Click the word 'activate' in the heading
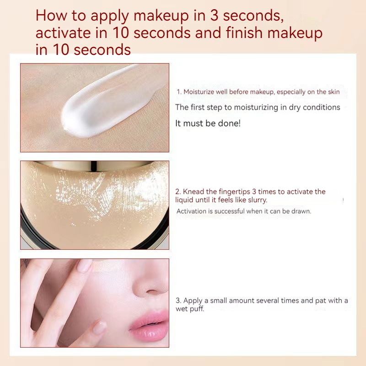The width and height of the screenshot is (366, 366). pyautogui.click(x=64, y=32)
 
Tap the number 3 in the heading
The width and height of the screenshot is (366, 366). pyautogui.click(x=214, y=16)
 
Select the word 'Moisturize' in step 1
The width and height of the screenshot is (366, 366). pyautogui.click(x=199, y=92)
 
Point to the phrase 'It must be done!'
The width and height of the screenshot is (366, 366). pyautogui.click(x=208, y=123)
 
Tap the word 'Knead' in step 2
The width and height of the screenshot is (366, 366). pyautogui.click(x=194, y=191)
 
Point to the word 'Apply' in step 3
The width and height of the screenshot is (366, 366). pyautogui.click(x=193, y=301)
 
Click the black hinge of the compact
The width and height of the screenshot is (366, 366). pyautogui.click(x=94, y=166)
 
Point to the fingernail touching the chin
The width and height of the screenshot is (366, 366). pyautogui.click(x=100, y=327)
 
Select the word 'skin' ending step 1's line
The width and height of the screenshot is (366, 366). pyautogui.click(x=334, y=92)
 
